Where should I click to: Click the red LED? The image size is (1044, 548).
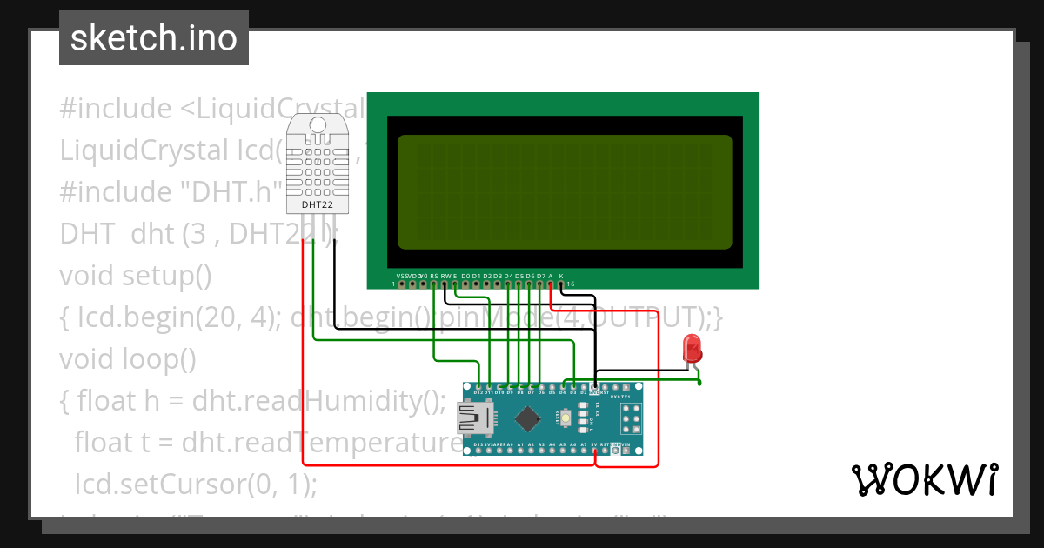[693, 349]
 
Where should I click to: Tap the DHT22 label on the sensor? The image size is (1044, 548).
[316, 205]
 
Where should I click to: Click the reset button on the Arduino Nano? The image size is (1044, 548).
[566, 419]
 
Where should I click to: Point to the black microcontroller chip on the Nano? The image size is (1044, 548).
[526, 420]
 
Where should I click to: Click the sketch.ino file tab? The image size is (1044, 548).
[154, 38]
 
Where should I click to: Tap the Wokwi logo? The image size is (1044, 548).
[924, 479]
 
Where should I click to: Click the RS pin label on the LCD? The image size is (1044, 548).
[433, 276]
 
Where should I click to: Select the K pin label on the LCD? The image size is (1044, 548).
[561, 276]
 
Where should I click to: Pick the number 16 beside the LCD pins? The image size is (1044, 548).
[570, 284]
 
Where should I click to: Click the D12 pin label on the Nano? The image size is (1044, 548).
[478, 393]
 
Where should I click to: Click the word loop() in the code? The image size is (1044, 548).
[160, 358]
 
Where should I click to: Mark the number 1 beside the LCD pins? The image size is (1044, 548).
[393, 284]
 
